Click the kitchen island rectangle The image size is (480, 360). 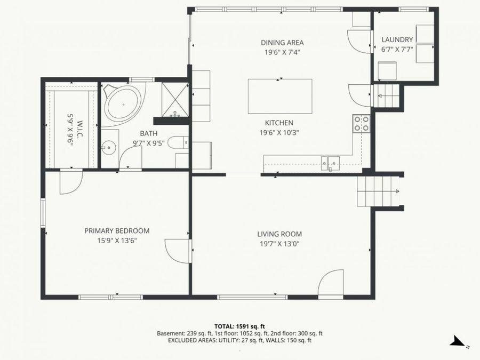coord(280,97)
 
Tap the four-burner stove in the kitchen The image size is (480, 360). coord(361,124)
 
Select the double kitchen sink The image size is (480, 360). coord(330,162)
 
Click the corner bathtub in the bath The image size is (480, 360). coord(122,103)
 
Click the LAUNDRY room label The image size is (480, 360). coord(397,39)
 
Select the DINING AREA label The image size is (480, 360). coord(282,43)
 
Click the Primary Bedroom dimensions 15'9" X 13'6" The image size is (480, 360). coord(117,241)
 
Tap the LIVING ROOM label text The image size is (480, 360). coord(279,234)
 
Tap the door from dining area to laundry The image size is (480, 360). coord(358,41)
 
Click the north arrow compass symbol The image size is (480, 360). coord(458,341)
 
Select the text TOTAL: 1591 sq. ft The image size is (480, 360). coord(239,326)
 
